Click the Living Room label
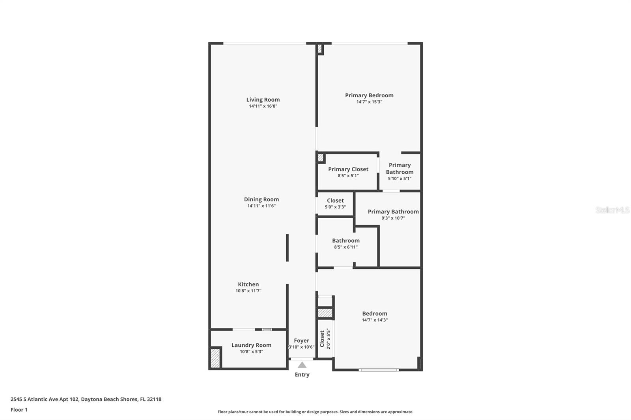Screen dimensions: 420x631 coord(263,100)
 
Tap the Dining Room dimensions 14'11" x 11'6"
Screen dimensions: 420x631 coord(261,206)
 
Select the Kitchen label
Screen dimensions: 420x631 coord(248,284)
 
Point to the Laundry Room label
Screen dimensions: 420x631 coord(251,345)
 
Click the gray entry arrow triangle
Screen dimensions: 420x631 coord(302,365)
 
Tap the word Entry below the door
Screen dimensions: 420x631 coord(302,375)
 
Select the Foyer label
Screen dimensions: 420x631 coord(301,341)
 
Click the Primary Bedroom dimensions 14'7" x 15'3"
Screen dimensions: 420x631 coord(369,102)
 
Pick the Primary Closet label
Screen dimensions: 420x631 coord(348,169)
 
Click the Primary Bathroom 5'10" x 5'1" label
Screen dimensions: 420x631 coord(400,171)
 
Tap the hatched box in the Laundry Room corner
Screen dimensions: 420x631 coord(215,358)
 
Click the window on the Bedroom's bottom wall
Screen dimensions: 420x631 coord(378,370)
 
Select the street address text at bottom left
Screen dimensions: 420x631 coord(86,399)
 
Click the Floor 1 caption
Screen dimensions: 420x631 coord(19,410)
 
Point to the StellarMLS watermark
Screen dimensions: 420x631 coord(612,210)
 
